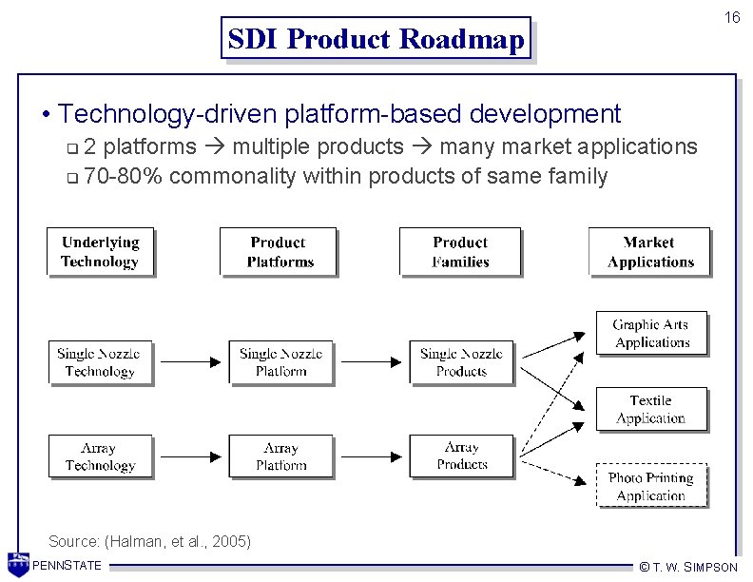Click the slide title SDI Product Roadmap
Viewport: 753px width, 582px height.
376,39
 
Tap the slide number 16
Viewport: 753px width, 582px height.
731,18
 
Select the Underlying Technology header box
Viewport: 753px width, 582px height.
100,252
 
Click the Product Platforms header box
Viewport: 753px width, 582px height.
280,252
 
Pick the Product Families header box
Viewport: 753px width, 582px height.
460,252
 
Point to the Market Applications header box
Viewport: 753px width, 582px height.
650,252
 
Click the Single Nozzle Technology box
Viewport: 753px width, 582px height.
99,362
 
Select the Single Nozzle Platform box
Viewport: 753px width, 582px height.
280,362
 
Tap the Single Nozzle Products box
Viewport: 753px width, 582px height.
461,362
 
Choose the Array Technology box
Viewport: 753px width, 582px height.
99,456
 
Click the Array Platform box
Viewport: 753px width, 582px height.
280,456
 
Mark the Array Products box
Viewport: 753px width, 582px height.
461,456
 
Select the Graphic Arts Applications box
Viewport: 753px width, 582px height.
651,334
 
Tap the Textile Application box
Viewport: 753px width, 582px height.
651,410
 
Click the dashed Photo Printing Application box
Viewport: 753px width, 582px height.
651,487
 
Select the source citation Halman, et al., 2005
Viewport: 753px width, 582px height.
150,541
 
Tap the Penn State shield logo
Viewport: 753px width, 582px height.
18,564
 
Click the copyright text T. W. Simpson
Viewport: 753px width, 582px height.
688,567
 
